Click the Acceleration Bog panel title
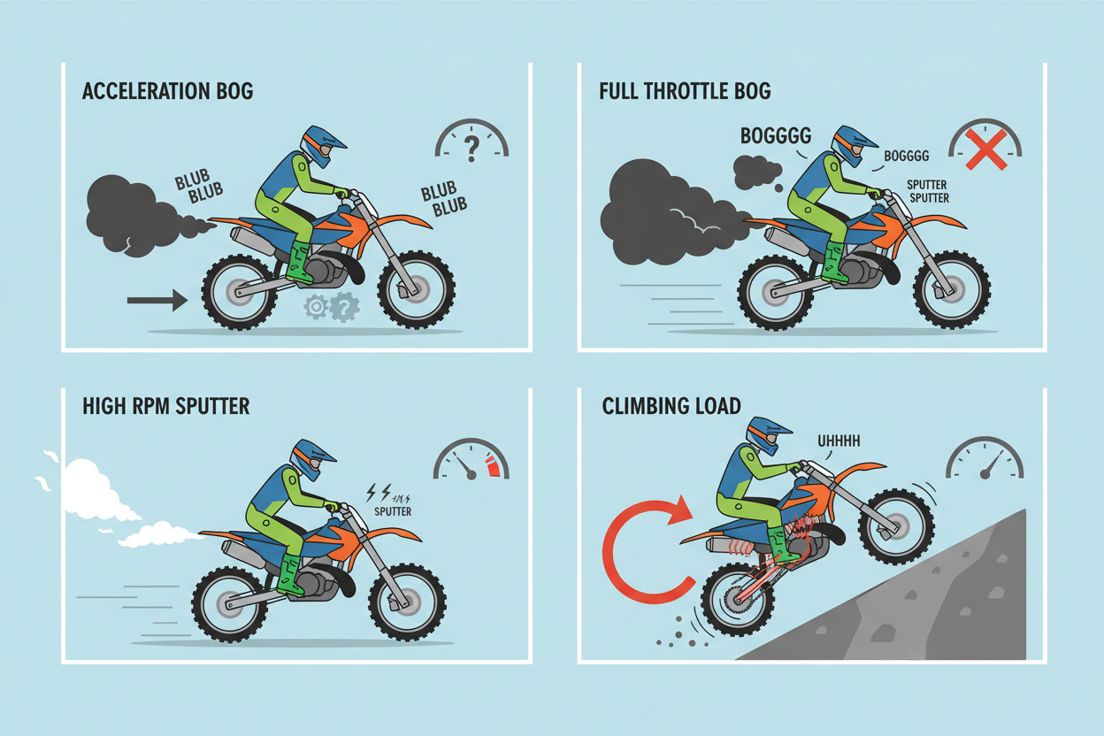click(167, 91)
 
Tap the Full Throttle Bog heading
click(685, 91)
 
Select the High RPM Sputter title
click(166, 406)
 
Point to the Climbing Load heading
click(671, 406)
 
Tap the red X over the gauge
click(986, 149)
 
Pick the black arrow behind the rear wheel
click(157, 300)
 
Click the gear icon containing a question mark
click(344, 307)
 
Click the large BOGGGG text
click(776, 135)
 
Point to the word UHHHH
click(839, 441)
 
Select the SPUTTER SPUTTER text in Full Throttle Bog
click(929, 191)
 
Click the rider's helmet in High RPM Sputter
click(311, 459)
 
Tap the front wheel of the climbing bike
click(896, 526)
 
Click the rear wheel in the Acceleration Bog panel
click(240, 292)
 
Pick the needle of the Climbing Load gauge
click(993, 464)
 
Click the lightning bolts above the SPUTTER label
click(379, 493)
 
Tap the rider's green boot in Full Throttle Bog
click(834, 262)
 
